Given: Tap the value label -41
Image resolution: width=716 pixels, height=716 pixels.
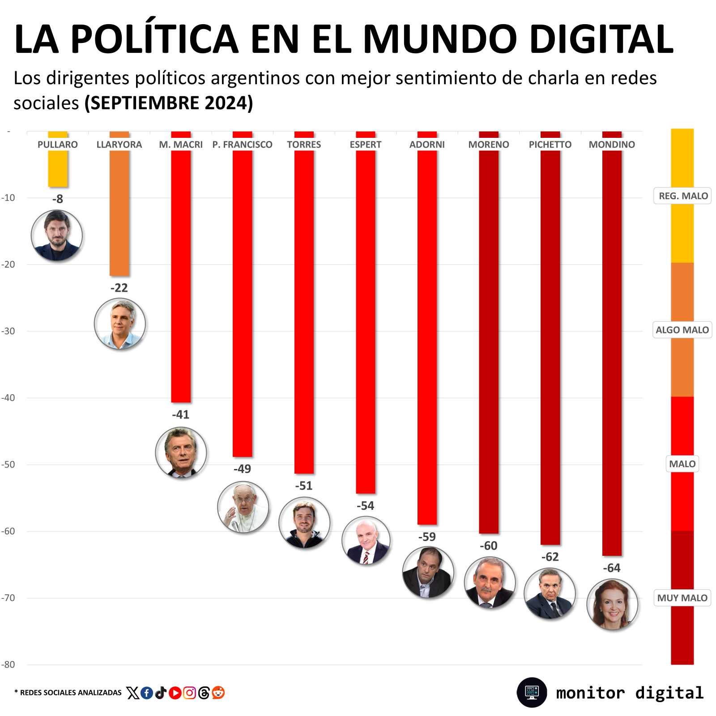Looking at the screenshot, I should point(181,414).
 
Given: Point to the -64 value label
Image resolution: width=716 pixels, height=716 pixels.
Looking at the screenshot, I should point(612,568).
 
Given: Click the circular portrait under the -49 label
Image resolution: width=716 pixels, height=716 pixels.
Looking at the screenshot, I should point(243,507).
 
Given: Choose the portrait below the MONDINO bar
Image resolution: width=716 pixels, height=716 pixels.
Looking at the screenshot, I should point(612,604).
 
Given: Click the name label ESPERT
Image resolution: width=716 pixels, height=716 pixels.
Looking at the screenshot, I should point(366,145).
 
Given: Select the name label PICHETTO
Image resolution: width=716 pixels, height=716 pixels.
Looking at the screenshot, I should point(550,145).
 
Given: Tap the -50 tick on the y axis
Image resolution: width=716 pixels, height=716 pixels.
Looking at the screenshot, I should point(8,465).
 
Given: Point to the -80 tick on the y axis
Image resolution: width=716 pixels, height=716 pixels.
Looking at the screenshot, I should point(8,665).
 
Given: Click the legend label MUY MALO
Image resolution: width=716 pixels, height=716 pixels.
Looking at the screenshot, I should point(682,598).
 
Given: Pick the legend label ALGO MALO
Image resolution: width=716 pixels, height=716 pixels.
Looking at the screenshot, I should point(682,330).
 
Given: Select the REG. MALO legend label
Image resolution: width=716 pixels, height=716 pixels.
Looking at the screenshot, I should point(683,196).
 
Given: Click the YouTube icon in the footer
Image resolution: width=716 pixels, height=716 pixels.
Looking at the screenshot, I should point(175,693).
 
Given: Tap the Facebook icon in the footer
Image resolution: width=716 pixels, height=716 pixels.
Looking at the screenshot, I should point(147,693).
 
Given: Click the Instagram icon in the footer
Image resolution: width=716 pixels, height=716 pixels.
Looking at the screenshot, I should point(189,693).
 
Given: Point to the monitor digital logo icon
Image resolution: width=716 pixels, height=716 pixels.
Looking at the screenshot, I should point(532,692).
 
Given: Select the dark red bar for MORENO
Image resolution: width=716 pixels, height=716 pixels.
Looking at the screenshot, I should point(489,340).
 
